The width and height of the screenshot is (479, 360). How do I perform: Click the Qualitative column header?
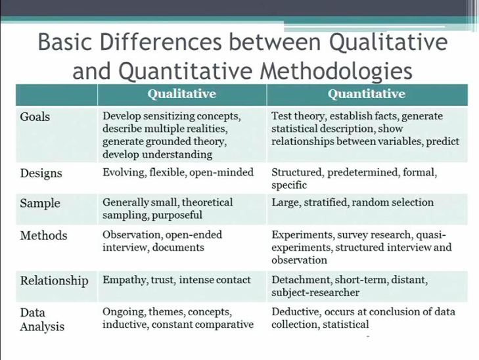pyautogui.click(x=181, y=94)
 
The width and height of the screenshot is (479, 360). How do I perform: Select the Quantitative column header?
pyautogui.click(x=367, y=94)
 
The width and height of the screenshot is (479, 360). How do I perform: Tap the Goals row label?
pyautogui.click(x=35, y=117)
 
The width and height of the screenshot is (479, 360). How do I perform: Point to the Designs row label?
pyautogui.click(x=41, y=173)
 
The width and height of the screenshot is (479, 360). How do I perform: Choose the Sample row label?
pyautogui.click(x=39, y=203)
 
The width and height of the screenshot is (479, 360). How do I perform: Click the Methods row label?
pyautogui.click(x=43, y=235)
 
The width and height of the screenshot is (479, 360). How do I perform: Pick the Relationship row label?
pyautogui.click(x=54, y=281)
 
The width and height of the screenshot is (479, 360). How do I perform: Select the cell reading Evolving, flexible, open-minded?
pyautogui.click(x=178, y=173)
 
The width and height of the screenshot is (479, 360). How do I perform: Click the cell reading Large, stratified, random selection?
pyautogui.click(x=352, y=202)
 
